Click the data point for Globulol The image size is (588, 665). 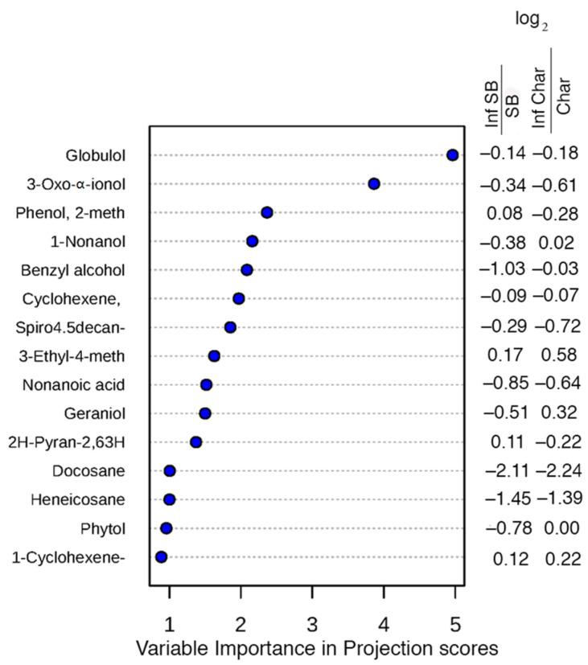tap(452, 154)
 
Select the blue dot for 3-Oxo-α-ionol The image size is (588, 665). tap(373, 184)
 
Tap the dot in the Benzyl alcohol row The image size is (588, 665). tap(247, 269)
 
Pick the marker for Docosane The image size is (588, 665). tap(170, 470)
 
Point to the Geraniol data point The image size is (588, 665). tap(205, 413)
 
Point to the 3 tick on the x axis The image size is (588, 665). tap(312, 624)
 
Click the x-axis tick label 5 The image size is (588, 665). tap(455, 624)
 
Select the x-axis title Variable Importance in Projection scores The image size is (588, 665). tap(317, 648)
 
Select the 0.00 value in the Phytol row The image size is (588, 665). tap(558, 528)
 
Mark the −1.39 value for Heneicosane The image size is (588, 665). tap(558, 499)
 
